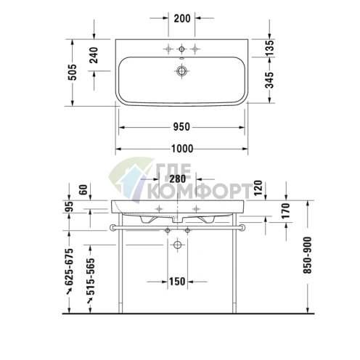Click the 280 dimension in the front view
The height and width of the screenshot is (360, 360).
point(179,179)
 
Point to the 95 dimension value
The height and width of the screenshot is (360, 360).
point(70,205)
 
